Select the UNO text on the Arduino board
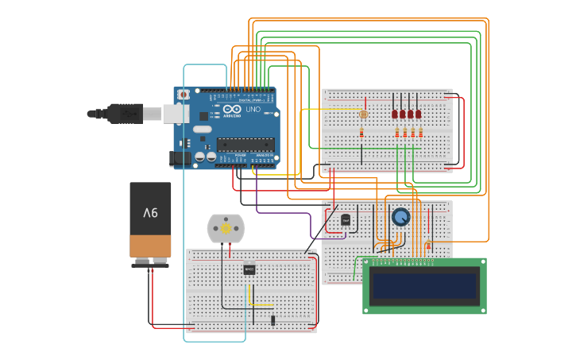(253, 109)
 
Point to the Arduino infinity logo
(231, 109)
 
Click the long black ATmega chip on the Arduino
(245, 145)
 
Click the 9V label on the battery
(150, 213)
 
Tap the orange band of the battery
(150, 246)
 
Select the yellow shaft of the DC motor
(226, 229)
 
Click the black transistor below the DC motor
(249, 269)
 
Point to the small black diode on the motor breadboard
(273, 319)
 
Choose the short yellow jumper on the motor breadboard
(250, 296)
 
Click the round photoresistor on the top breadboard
(364, 114)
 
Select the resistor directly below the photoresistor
(362, 133)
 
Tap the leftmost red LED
(394, 114)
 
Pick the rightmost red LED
(419, 114)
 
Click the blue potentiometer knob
(400, 216)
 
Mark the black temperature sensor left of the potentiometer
(345, 219)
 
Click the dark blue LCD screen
(425, 285)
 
